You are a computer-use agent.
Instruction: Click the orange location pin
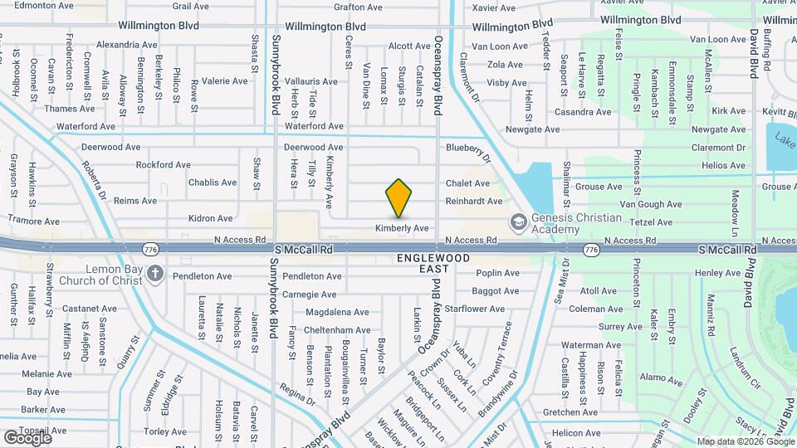pos(398,197)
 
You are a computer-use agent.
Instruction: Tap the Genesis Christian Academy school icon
pos(518,222)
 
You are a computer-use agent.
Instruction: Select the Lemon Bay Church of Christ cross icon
pos(154,273)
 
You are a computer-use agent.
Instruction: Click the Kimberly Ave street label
pos(402,228)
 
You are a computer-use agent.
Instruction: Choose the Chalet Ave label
pos(468,183)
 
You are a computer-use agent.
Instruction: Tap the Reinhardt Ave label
pos(474,202)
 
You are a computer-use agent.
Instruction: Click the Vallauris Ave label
pos(311,81)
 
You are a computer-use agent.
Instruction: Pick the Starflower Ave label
pos(476,309)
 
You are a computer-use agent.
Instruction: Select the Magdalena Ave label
pos(337,312)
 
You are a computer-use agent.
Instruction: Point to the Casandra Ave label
pos(583,112)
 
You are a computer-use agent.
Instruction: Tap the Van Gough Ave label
pos(651,204)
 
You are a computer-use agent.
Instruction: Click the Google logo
pos(27,437)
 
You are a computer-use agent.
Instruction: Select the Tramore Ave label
pos(34,222)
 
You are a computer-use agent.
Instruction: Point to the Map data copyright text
pos(745,441)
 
